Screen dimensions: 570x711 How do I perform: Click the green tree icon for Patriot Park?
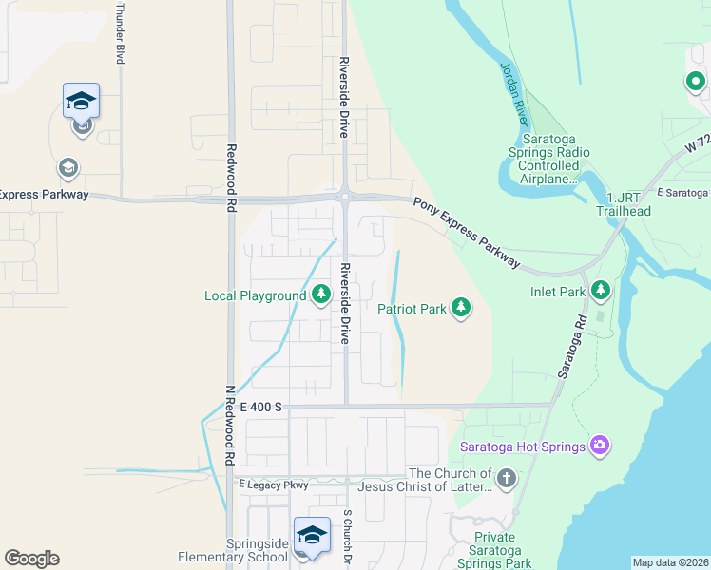click(x=461, y=308)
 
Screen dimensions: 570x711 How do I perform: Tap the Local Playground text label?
click(x=255, y=295)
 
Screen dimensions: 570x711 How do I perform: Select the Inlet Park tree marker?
click(x=600, y=289)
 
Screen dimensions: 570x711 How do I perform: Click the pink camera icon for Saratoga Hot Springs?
click(x=599, y=445)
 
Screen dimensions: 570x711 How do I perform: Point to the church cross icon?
click(x=506, y=478)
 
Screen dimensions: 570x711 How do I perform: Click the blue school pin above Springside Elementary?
click(x=312, y=535)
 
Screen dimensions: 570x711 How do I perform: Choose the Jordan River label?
click(x=514, y=95)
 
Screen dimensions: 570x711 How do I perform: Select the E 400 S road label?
click(x=261, y=407)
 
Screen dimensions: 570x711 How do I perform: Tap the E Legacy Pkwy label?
click(x=274, y=484)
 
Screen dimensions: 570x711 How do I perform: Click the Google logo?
click(x=31, y=559)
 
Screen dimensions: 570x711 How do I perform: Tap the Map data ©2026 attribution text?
click(x=670, y=562)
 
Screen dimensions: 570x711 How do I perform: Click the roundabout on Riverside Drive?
click(x=344, y=196)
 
